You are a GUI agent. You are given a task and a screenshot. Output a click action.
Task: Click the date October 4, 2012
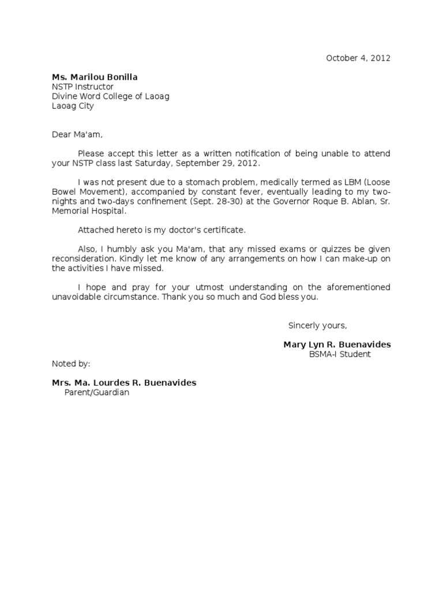tap(358, 58)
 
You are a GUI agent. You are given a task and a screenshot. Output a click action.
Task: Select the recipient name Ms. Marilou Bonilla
tap(95, 77)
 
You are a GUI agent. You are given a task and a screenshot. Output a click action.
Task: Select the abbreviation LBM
tap(349, 182)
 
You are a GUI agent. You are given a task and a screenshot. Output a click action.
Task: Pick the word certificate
tap(225, 230)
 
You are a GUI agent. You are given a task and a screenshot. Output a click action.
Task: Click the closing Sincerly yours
tap(317, 326)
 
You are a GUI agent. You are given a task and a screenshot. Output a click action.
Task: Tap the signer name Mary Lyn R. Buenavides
tap(337, 345)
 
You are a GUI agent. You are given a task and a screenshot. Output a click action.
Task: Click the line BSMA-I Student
tap(340, 354)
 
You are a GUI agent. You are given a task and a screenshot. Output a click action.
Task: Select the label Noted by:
tap(71, 364)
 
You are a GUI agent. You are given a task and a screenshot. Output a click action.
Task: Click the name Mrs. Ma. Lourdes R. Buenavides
tap(124, 383)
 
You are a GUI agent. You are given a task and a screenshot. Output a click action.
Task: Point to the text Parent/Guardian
tap(97, 392)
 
